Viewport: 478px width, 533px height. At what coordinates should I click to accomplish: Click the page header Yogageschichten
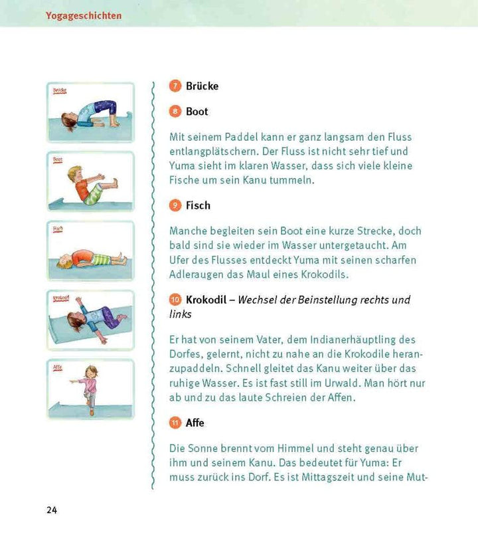[x=84, y=15]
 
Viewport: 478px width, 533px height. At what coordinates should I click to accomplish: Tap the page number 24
[x=52, y=510]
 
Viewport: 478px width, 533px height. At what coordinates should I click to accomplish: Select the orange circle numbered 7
[x=175, y=86]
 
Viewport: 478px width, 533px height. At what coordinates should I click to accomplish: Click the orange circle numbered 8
[x=175, y=112]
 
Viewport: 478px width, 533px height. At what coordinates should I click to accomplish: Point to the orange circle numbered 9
[x=175, y=205]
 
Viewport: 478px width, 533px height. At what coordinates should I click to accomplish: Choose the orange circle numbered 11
[x=175, y=423]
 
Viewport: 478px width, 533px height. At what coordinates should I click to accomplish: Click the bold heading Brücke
[x=202, y=86]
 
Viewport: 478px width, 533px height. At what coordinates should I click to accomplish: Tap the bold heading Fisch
[x=198, y=205]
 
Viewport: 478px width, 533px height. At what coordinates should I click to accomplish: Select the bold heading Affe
[x=195, y=423]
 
